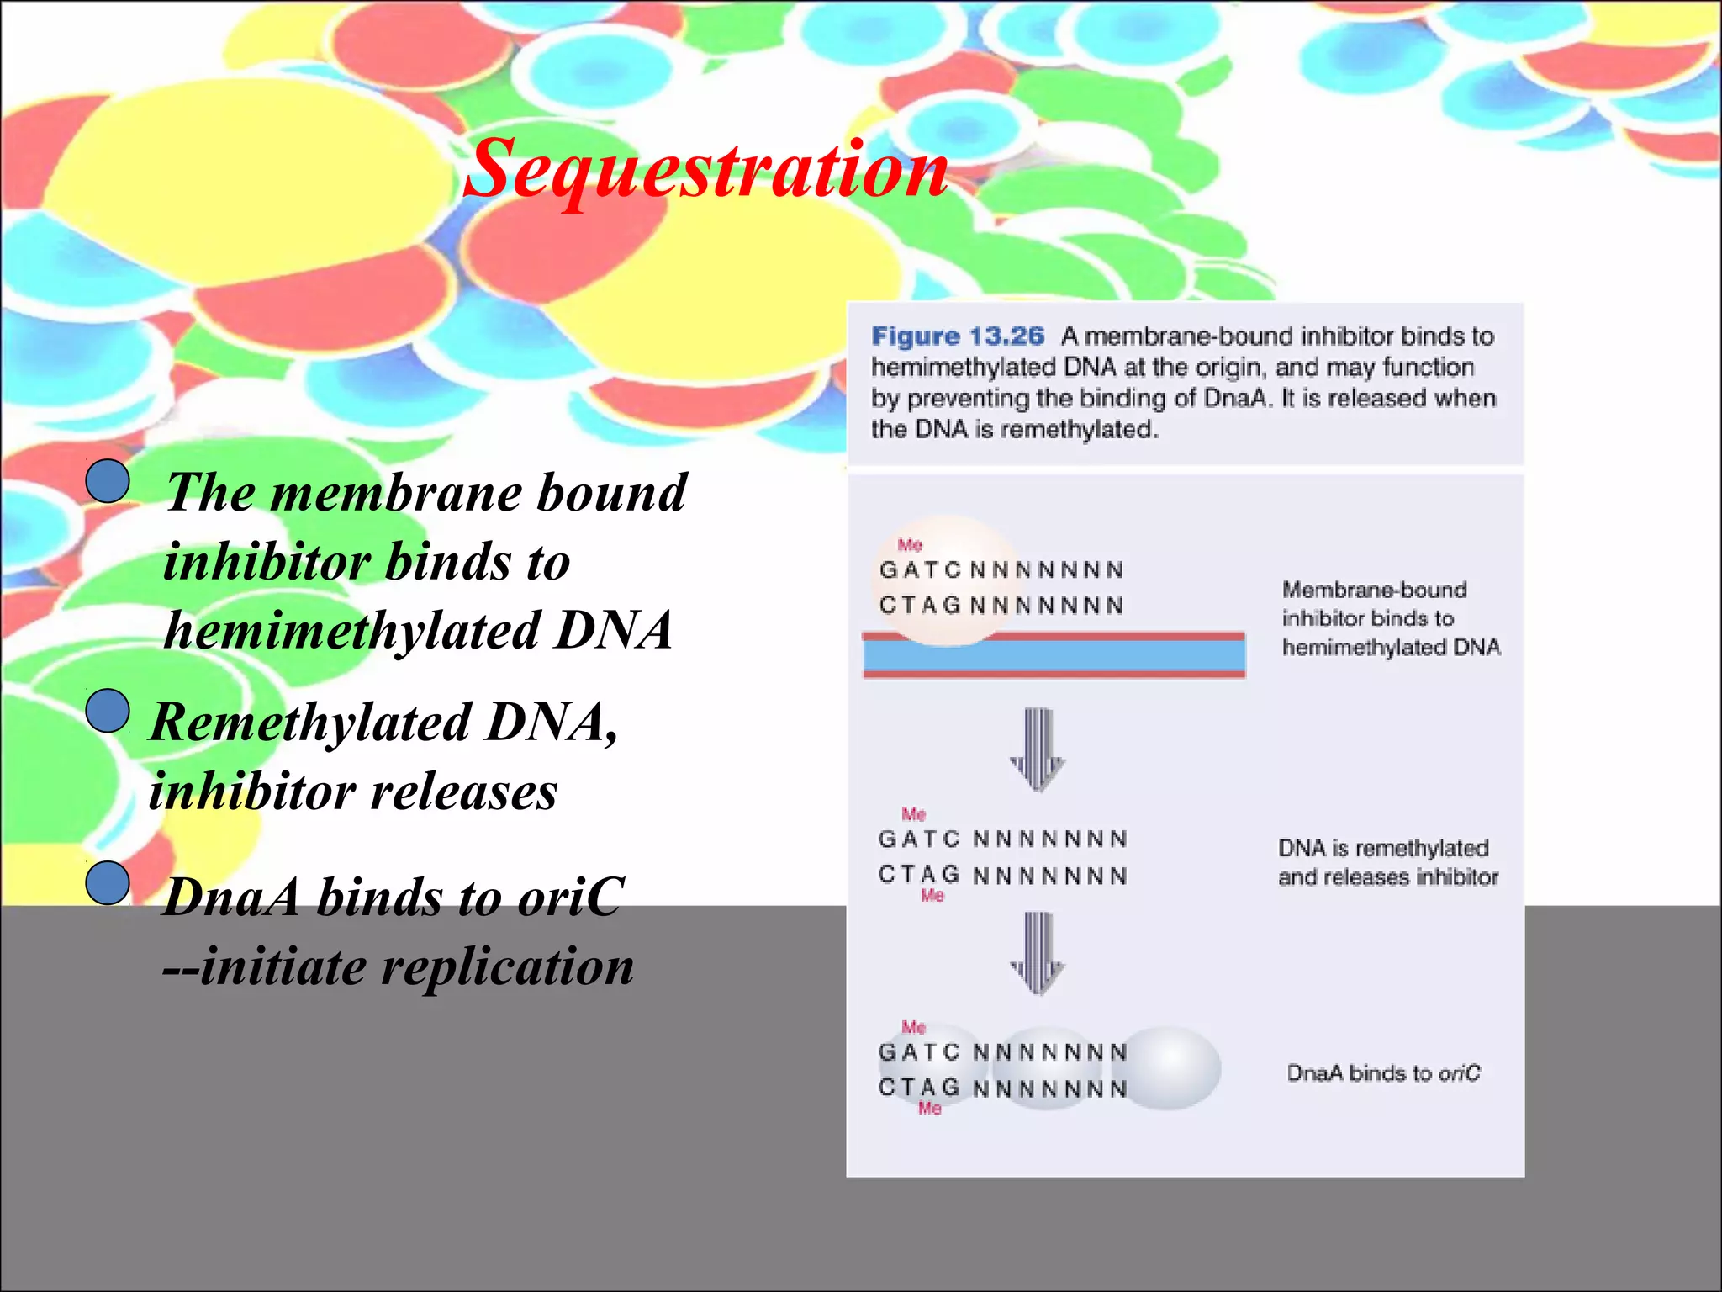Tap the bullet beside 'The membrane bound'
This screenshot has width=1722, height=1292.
coord(108,482)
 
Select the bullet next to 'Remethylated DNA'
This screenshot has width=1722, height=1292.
coord(108,711)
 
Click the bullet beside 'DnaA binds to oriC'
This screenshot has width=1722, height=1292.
coord(108,883)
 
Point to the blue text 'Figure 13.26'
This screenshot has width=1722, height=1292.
coord(958,336)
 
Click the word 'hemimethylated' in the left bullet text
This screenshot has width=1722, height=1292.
coord(352,631)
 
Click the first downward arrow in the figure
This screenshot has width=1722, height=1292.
coord(1038,749)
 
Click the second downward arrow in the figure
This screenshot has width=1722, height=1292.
coord(1038,952)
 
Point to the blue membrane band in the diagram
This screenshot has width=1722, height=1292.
coord(1054,654)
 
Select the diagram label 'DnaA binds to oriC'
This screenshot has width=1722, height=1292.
coord(1383,1073)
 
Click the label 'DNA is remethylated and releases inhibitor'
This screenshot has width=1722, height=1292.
coord(1387,862)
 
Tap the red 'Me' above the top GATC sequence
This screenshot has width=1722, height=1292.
coord(910,545)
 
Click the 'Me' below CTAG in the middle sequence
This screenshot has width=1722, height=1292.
coord(932,896)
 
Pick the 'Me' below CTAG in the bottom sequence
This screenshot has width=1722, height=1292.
coord(929,1109)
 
